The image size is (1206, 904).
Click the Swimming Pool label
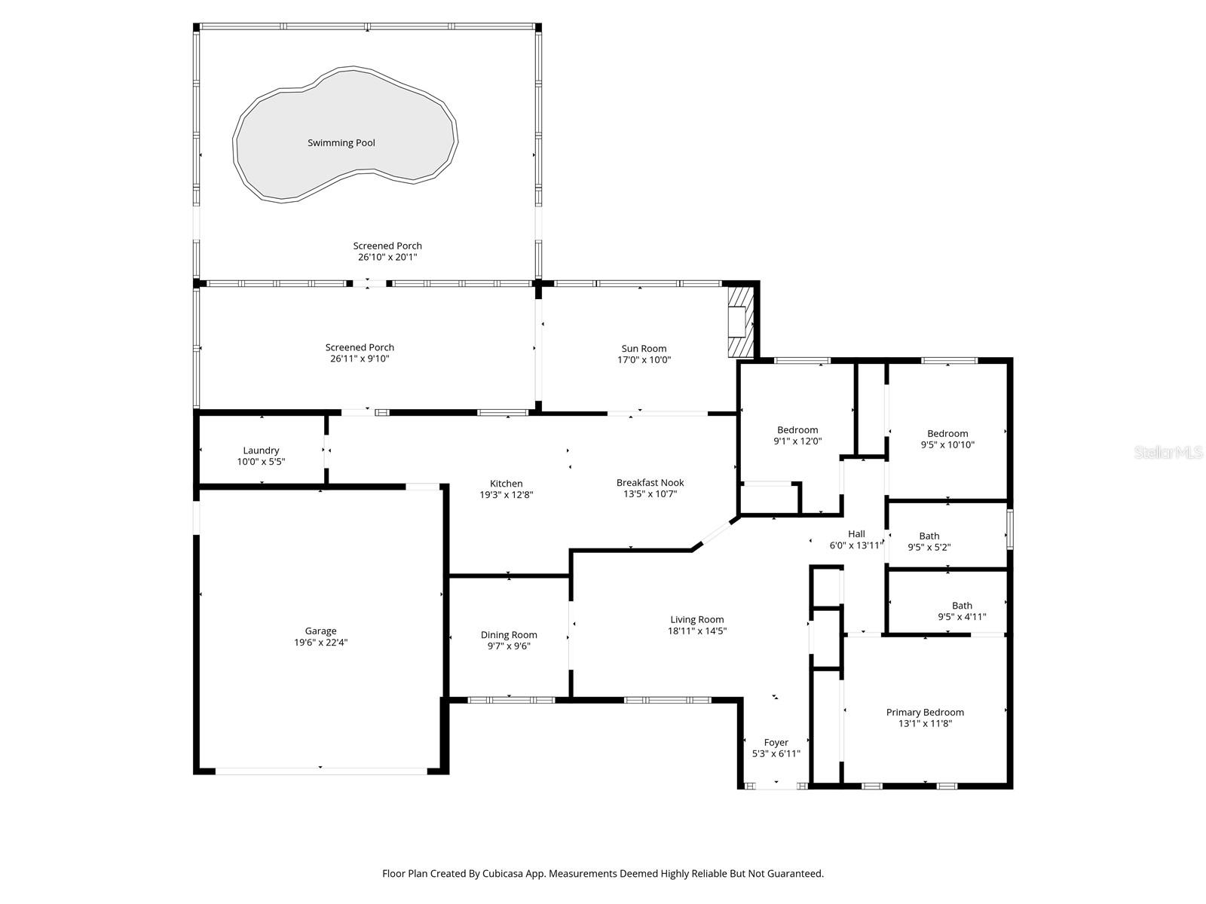[341, 143]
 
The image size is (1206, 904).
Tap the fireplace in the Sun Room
[739, 321]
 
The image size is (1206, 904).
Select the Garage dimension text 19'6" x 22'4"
[320, 643]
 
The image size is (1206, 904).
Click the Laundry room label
[261, 450]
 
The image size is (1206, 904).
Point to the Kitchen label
[506, 484]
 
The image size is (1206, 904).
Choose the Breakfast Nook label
[650, 483]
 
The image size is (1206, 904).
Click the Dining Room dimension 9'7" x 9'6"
[509, 646]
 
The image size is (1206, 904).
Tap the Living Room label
[696, 620]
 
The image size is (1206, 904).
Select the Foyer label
[776, 742]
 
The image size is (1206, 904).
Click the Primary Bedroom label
[925, 712]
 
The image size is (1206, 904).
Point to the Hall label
[856, 534]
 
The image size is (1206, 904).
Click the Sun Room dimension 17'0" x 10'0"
[644, 360]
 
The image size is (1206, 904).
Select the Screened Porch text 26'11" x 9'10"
[360, 359]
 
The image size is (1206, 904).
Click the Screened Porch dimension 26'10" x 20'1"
[387, 257]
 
